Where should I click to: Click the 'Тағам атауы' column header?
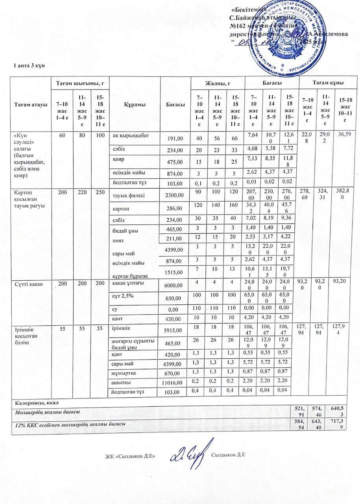click(x=31, y=104)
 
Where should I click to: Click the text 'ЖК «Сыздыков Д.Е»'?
click(x=130, y=456)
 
